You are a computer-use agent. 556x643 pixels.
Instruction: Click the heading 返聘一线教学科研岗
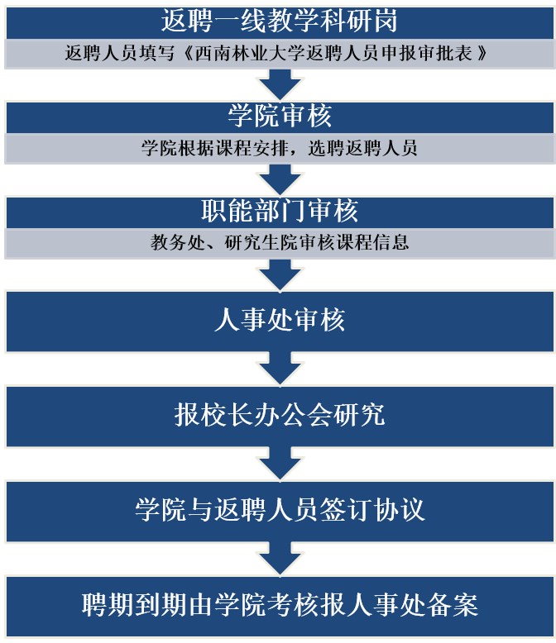279,21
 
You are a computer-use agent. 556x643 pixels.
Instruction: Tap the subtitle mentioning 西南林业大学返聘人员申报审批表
276,54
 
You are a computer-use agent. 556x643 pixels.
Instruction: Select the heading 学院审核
280,116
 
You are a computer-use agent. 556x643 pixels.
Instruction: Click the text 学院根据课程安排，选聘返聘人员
279,148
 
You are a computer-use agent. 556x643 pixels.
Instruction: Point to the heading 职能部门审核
280,211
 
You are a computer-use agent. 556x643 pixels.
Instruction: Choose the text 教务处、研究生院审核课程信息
280,242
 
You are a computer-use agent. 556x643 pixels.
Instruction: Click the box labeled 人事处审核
280,321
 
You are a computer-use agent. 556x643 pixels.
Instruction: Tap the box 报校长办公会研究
280,416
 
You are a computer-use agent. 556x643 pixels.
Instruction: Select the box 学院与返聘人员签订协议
280,511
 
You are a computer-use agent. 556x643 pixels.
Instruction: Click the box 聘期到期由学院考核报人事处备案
280,606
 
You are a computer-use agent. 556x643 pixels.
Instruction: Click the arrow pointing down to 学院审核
280,84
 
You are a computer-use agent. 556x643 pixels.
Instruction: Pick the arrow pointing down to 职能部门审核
280,179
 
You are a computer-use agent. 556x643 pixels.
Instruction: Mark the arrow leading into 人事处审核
280,274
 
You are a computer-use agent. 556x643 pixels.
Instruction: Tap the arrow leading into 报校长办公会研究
280,369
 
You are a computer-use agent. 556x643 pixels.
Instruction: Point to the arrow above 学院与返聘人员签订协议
280,464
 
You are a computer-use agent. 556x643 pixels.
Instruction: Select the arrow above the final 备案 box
280,559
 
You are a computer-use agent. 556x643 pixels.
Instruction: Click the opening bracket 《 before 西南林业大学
188,54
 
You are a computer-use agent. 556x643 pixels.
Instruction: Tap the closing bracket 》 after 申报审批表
482,54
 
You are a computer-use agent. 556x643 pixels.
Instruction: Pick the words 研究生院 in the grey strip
261,242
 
